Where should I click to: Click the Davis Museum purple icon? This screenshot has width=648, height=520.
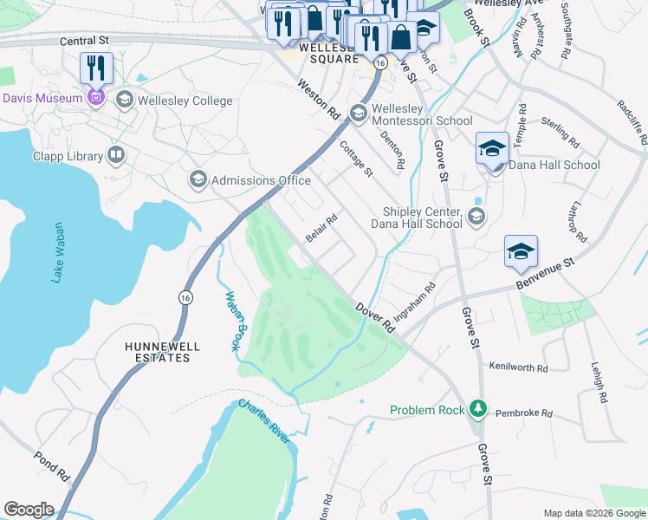[96, 98]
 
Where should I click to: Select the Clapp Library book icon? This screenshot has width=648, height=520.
[116, 156]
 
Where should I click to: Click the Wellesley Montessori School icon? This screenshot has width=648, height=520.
[358, 114]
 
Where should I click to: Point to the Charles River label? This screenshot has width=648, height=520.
[265, 422]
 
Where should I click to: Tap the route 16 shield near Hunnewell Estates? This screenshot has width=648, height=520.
[185, 296]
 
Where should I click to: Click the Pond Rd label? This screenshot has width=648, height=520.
[51, 466]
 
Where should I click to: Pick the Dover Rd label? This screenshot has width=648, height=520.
[375, 317]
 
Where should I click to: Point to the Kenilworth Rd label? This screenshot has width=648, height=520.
[519, 368]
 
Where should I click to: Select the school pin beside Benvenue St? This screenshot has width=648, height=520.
[521, 250]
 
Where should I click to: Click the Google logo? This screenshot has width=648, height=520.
[29, 510]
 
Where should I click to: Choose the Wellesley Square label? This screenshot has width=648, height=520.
[328, 54]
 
